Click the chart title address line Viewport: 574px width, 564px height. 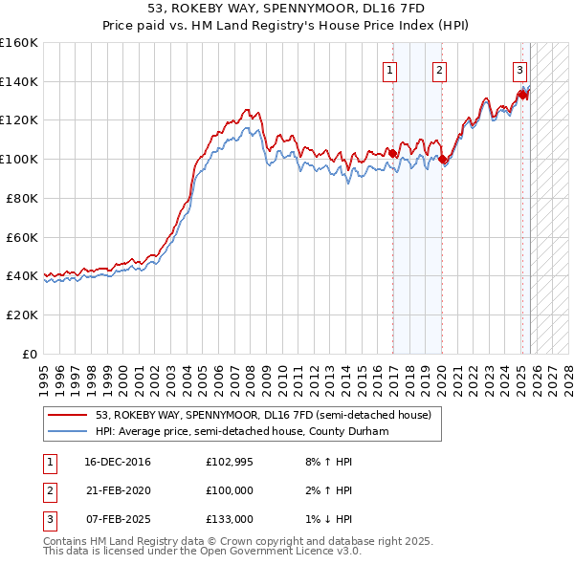tap(286, 9)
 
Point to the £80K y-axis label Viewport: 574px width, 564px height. tap(21, 198)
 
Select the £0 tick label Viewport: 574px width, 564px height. tap(29, 354)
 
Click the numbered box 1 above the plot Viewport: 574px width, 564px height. tap(391, 69)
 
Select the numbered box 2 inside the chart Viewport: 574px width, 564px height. tap(439, 69)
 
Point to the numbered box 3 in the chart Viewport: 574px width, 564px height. tap(519, 69)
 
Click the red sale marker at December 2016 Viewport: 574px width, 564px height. tap(393, 153)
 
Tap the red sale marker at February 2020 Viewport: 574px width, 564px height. tap(443, 160)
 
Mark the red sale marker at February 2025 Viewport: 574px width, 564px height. tap(523, 94)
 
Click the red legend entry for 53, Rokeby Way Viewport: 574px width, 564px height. tap(263, 416)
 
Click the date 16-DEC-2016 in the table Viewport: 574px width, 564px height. tap(118, 462)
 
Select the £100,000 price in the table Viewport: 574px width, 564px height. tap(230, 490)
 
